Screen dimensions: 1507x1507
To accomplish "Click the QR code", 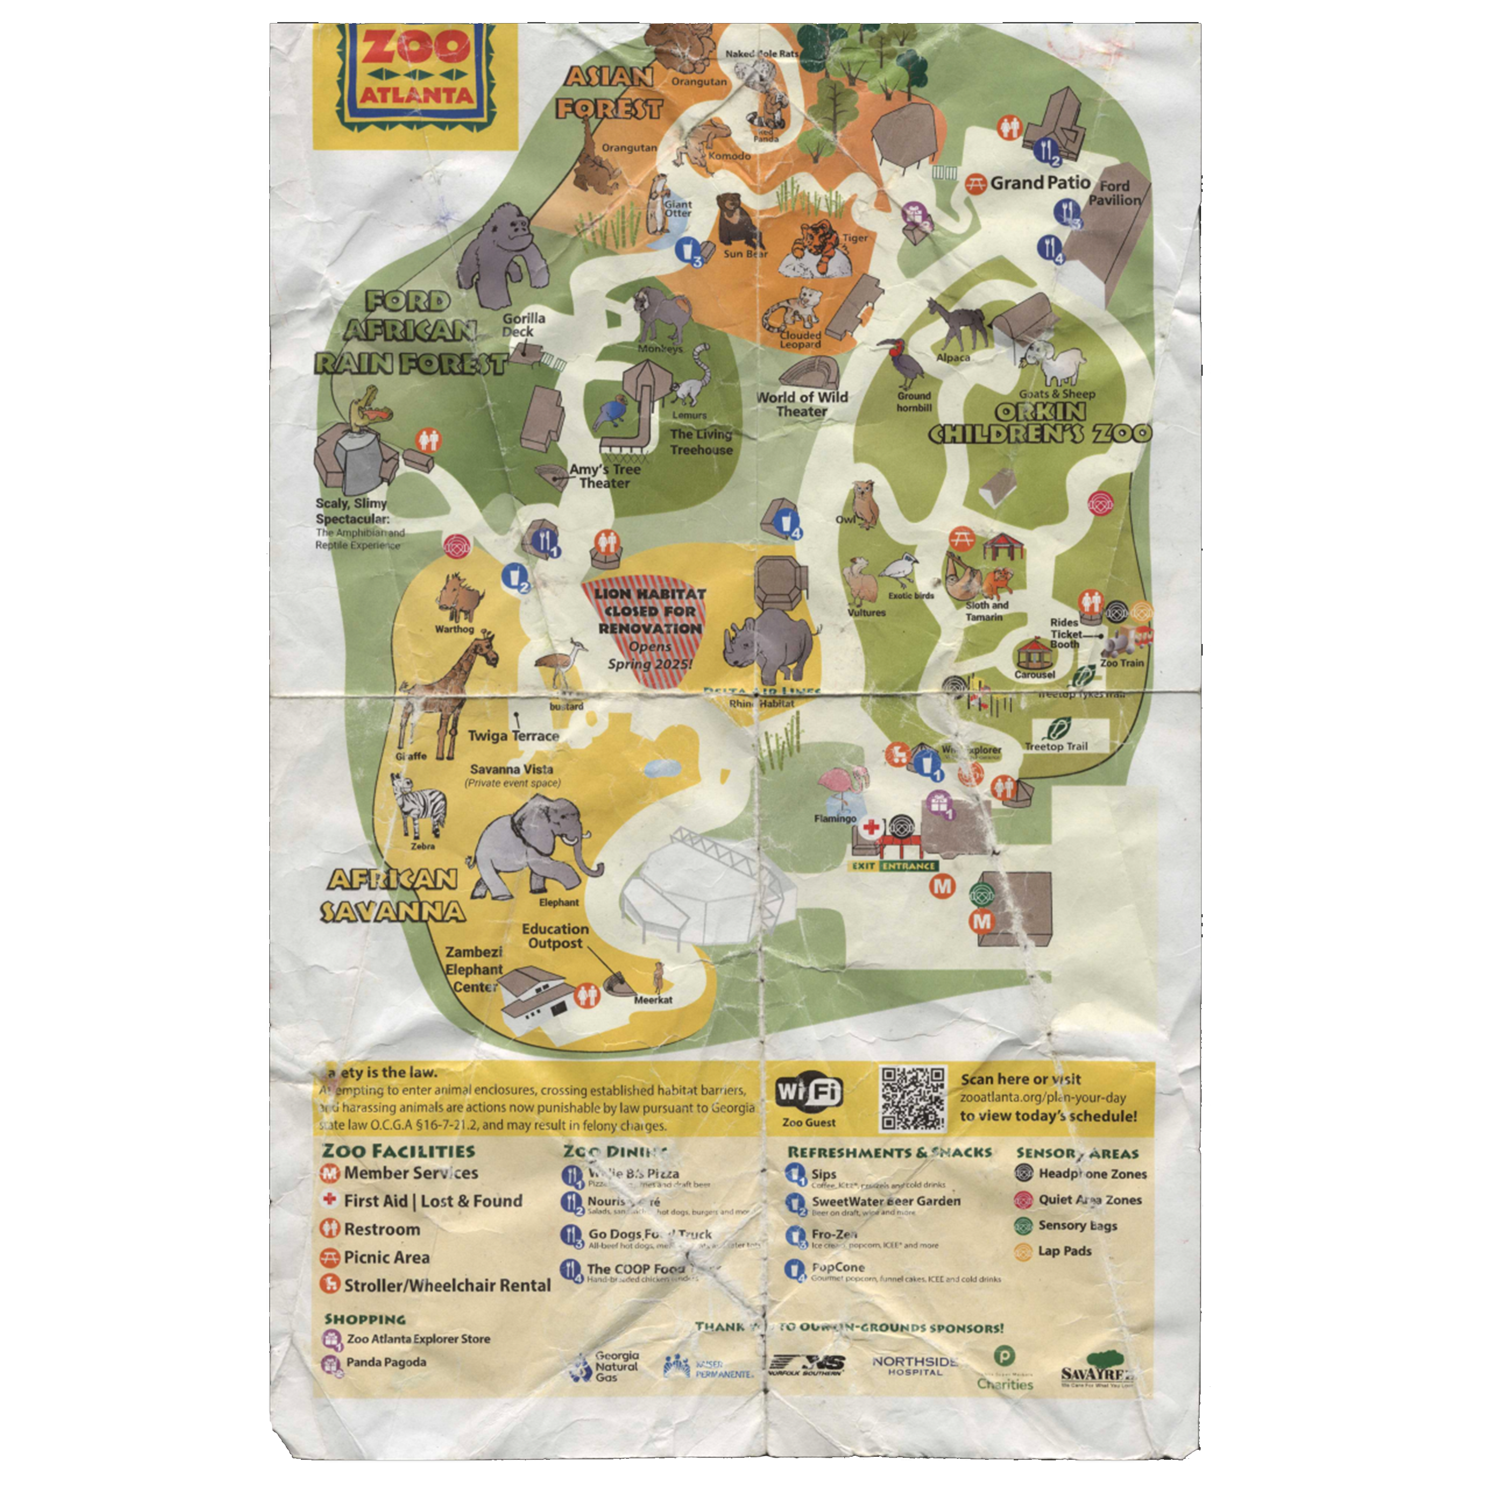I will pos(913,1098).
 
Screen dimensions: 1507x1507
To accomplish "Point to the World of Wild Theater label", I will pos(802,403).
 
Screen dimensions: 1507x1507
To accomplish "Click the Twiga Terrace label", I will pos(512,735).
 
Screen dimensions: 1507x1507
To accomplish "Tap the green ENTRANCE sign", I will pos(908,866).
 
